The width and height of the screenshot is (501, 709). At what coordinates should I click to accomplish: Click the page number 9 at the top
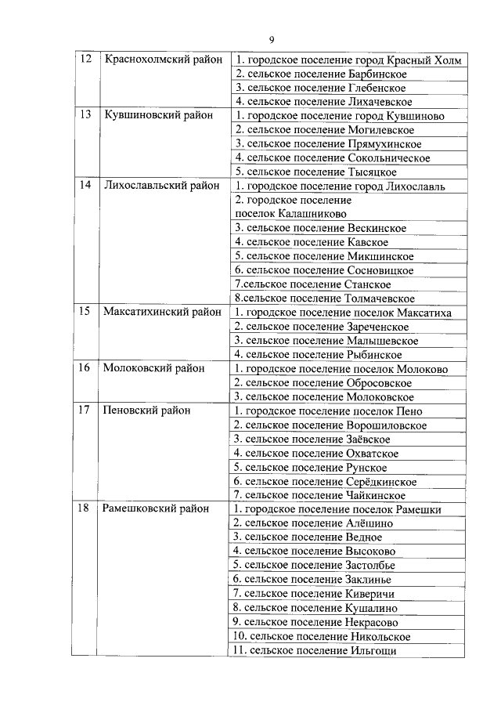271,39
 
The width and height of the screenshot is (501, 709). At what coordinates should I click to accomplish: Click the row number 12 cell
84,60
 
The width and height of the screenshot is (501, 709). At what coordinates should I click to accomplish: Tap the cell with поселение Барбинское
321,74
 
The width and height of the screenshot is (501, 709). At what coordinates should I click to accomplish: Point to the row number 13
84,115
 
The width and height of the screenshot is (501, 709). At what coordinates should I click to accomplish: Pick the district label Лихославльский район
161,186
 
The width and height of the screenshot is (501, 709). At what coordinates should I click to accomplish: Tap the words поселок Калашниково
290,213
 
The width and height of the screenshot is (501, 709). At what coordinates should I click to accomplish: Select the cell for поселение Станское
312,284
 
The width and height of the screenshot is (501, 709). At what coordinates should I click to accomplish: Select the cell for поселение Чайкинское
320,495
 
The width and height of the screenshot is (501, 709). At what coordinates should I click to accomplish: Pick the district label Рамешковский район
157,509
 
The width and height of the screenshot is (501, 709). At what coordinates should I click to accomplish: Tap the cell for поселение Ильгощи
315,650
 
